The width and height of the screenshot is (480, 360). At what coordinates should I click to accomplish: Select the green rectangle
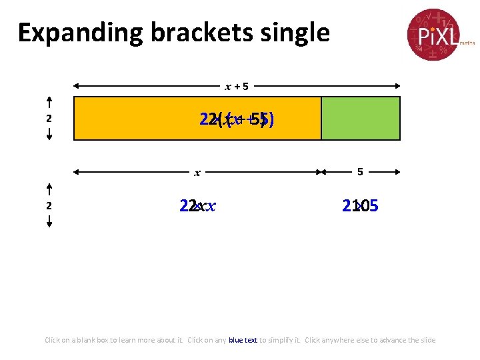(x=361, y=118)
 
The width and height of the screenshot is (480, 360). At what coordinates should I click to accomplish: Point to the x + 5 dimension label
(x=237, y=86)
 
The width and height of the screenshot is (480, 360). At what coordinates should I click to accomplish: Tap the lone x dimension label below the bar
(x=197, y=173)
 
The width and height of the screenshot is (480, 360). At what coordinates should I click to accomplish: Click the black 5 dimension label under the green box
(x=360, y=172)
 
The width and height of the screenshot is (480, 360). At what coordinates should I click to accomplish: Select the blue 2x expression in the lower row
(x=197, y=206)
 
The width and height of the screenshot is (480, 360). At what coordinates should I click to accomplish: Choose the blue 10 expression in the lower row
(x=360, y=206)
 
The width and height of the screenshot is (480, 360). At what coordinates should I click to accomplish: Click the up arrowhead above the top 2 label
(x=49, y=101)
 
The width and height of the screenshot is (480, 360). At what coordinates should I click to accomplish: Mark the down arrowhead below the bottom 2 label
(x=49, y=223)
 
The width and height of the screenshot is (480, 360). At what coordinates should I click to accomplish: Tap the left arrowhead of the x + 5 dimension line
(x=77, y=86)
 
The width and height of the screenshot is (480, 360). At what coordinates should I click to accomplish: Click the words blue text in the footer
(x=243, y=340)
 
